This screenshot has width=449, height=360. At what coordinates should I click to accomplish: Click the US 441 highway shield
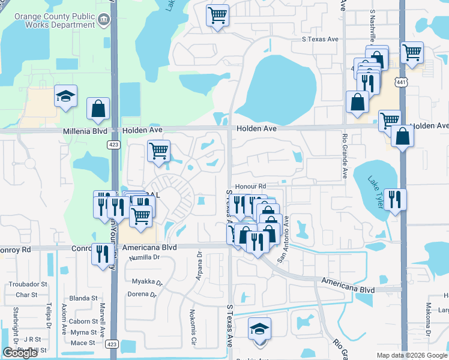(402, 81)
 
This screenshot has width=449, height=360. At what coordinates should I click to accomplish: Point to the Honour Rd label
(250, 187)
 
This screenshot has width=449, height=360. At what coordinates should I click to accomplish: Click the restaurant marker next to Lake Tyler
(394, 199)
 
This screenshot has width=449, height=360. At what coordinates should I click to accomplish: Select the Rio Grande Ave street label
(345, 155)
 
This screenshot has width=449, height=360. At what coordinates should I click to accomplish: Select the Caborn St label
(83, 322)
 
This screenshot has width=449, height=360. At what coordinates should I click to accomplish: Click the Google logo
(20, 353)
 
